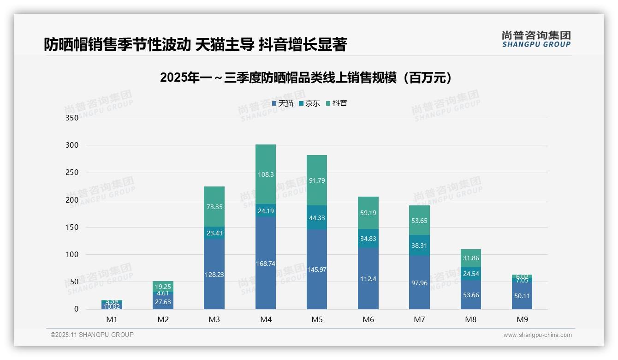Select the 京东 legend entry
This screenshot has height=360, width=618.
[309, 103]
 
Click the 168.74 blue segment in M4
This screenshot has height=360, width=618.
[266, 263]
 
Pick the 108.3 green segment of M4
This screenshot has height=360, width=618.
[266, 174]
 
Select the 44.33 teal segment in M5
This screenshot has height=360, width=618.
[317, 218]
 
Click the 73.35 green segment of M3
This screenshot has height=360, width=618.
[214, 207]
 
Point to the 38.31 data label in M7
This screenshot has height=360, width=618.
[419, 246]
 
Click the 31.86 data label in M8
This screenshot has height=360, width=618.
[470, 258]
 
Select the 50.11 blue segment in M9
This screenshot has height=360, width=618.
[522, 296]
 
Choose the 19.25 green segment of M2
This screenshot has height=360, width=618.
[163, 286]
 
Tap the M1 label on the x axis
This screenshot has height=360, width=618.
[112, 319]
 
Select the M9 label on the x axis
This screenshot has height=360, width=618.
[522, 319]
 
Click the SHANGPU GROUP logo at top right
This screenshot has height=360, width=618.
[536, 39]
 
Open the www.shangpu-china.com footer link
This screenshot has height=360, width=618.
[537, 335]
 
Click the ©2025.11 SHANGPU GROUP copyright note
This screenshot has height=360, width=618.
[92, 335]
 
